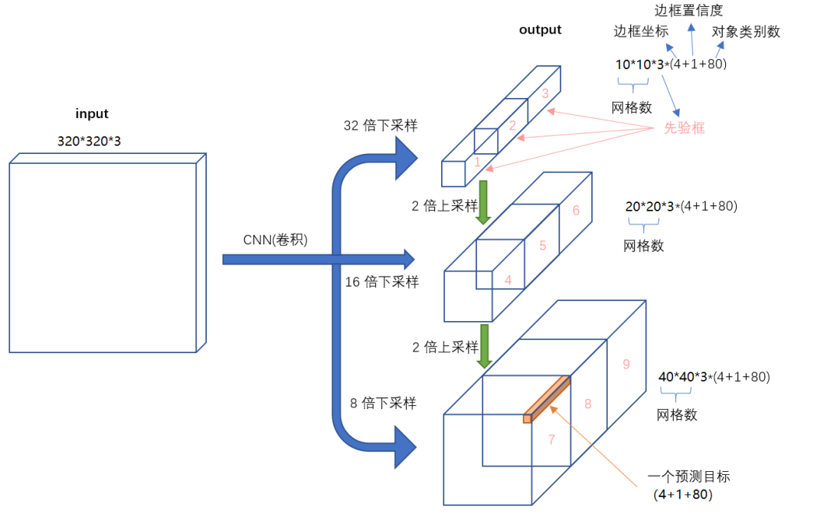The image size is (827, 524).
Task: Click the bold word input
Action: (x=92, y=114)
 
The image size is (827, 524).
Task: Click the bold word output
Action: (x=540, y=30)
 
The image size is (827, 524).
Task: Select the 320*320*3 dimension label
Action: (x=89, y=141)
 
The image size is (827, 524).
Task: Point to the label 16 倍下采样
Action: (x=381, y=282)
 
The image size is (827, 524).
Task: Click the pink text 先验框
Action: (x=684, y=129)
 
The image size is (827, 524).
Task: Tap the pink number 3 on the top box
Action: (x=544, y=93)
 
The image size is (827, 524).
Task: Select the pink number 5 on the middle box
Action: (x=542, y=246)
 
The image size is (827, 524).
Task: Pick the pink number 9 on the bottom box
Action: (x=626, y=365)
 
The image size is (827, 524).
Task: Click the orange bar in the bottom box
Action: (x=547, y=398)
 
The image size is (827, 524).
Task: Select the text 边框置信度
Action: (x=688, y=10)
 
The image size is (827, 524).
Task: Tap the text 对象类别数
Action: (x=746, y=32)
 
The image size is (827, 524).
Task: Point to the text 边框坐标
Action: (x=641, y=32)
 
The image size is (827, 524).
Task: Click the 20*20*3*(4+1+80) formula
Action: (x=681, y=207)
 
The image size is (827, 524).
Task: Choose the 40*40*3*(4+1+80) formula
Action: (x=714, y=377)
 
